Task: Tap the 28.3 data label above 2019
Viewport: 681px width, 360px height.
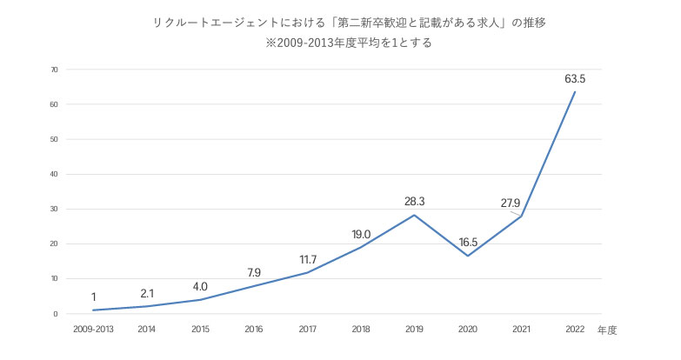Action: [415, 202]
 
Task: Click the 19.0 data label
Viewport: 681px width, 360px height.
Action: [361, 234]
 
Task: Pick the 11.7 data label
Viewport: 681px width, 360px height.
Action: [308, 259]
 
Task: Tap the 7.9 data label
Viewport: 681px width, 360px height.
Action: [255, 272]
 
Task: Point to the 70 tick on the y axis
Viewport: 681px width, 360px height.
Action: [54, 70]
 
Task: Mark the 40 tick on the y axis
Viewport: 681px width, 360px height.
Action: [54, 174]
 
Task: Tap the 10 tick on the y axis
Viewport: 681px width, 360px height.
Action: [54, 278]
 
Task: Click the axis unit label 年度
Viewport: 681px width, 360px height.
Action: [607, 330]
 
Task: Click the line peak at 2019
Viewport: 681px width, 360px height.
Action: [415, 215]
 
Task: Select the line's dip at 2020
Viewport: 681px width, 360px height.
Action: [468, 256]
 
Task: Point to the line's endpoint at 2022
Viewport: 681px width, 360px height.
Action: [575, 92]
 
